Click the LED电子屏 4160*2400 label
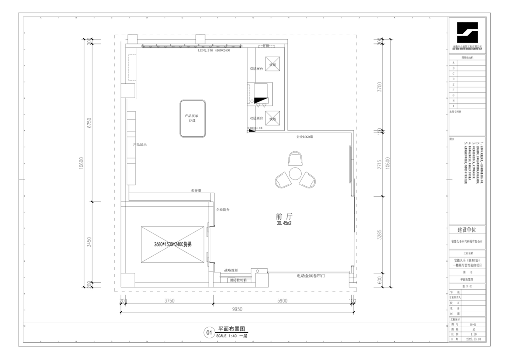(x=214, y=51)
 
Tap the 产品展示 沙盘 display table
(x=194, y=118)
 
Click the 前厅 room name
(x=283, y=216)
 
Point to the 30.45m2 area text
(x=283, y=224)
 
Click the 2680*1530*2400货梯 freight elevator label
(x=173, y=244)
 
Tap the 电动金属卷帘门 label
(x=313, y=276)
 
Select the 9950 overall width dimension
(x=238, y=310)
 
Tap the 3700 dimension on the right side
(x=380, y=87)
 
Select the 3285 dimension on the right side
(x=380, y=234)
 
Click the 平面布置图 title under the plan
(x=231, y=329)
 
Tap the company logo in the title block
(x=467, y=33)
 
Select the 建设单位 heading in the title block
(x=467, y=230)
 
